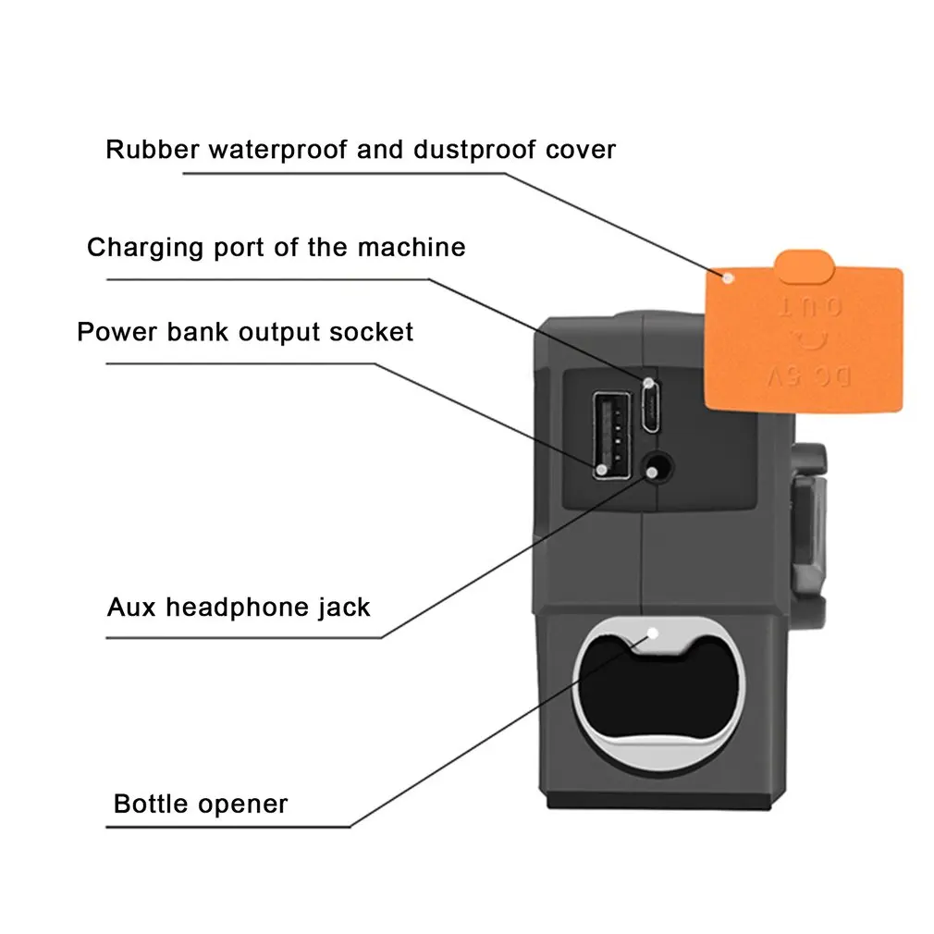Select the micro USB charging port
tap(650, 407)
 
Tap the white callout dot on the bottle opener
tap(653, 634)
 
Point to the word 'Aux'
tap(131, 607)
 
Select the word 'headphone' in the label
tap(234, 607)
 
